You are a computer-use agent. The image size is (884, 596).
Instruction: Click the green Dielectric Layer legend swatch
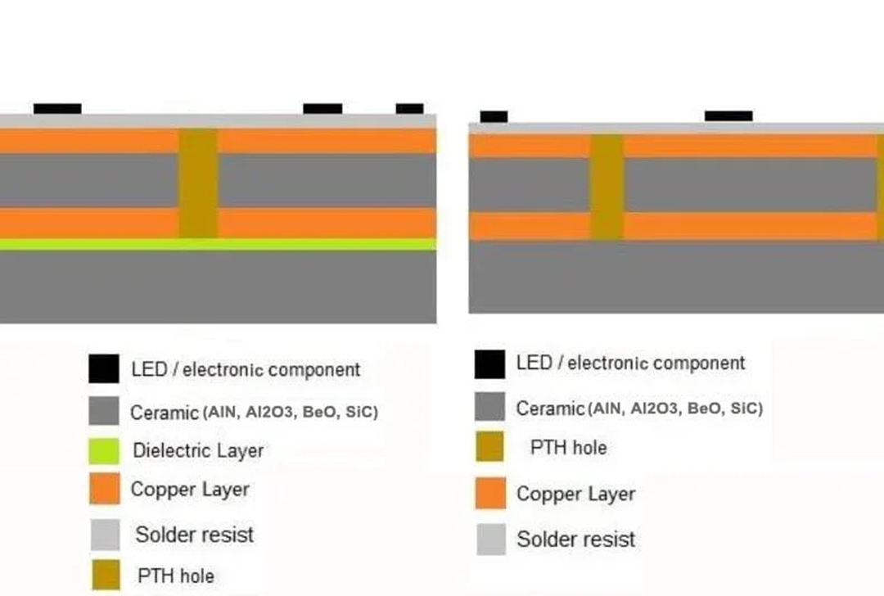(x=104, y=449)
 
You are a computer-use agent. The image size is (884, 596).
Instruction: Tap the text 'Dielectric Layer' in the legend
(x=198, y=450)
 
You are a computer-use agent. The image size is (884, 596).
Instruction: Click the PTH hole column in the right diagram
(x=607, y=187)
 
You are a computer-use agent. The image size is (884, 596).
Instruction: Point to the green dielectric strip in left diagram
(x=218, y=244)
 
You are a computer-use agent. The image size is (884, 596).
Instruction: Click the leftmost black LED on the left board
(x=57, y=108)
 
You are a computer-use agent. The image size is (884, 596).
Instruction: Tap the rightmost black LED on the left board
(x=409, y=108)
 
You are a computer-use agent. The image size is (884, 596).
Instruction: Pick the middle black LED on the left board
(x=322, y=108)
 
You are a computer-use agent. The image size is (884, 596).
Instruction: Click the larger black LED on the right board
(x=728, y=116)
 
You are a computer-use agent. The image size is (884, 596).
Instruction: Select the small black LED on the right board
(x=494, y=116)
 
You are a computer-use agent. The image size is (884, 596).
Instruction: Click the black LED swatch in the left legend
(x=104, y=368)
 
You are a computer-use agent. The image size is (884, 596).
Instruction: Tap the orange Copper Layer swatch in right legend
(x=490, y=494)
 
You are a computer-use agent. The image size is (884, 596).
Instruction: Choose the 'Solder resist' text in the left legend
(x=194, y=535)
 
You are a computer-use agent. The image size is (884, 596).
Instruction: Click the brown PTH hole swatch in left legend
(x=104, y=576)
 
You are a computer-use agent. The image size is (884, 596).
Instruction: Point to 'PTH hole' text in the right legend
(x=568, y=448)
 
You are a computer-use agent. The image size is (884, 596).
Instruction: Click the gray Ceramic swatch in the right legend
(x=490, y=407)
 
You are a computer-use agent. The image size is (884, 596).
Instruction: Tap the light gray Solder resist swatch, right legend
(x=490, y=539)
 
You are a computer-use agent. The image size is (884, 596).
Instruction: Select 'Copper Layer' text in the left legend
(x=190, y=490)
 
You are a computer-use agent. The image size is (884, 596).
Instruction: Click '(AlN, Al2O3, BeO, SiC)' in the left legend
(x=291, y=413)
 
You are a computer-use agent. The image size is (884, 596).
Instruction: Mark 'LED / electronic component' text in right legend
(x=630, y=363)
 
